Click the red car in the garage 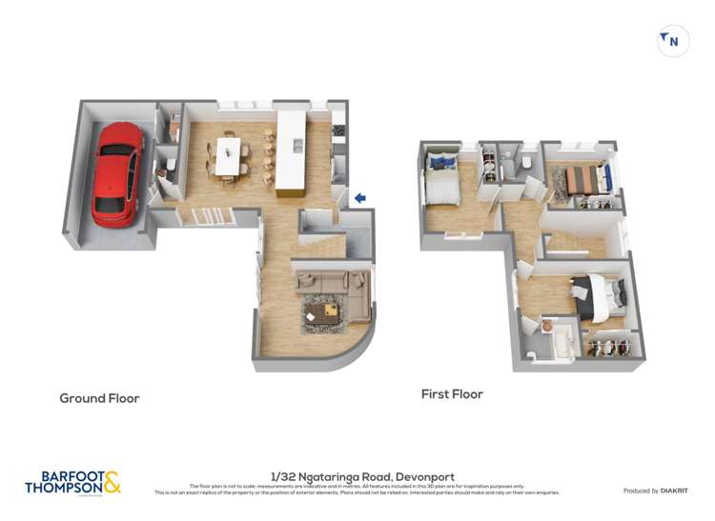117,172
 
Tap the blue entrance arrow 360,198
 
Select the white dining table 229,156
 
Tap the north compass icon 673,41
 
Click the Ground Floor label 99,398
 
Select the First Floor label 452,394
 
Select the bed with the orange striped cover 582,178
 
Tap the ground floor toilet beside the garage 169,168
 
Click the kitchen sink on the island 297,145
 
